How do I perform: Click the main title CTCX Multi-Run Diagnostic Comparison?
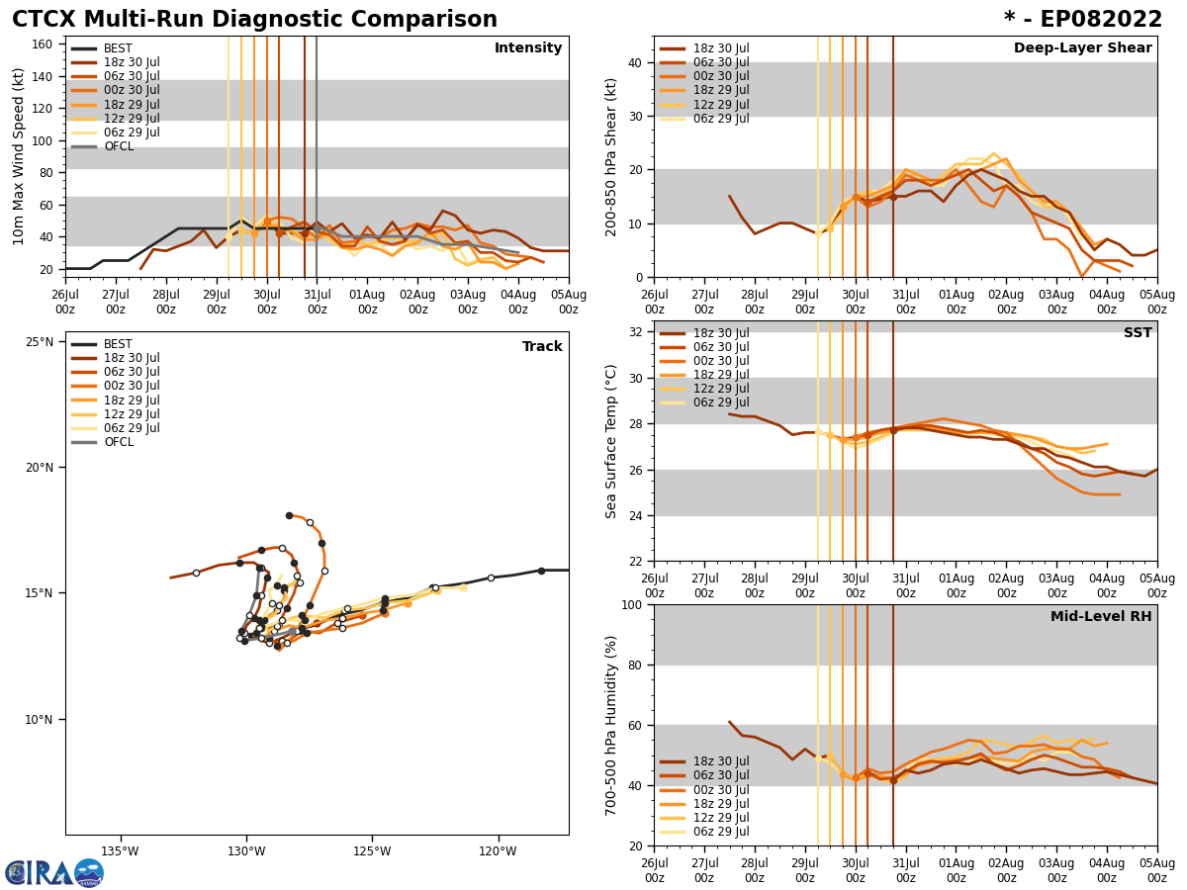pos(254,20)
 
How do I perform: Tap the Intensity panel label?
pos(528,48)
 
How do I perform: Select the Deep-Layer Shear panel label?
pos(1082,48)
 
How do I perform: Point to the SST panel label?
pos(1138,333)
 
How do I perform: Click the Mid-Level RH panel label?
pos(1101,617)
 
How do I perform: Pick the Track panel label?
pos(542,347)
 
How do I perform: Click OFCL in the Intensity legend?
pos(118,146)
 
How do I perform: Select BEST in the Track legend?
pos(118,344)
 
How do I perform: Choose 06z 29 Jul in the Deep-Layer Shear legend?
pos(723,119)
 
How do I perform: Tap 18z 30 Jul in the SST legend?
pos(723,333)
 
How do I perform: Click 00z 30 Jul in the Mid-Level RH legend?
pos(723,789)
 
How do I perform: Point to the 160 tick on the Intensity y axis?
pos(43,44)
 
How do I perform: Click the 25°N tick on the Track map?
pos(40,342)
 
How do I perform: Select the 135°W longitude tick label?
pos(120,851)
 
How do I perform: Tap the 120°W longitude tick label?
pos(497,851)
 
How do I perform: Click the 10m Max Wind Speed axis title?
pos(19,156)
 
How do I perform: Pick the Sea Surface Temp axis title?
pos(611,441)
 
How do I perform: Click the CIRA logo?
pos(54,873)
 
